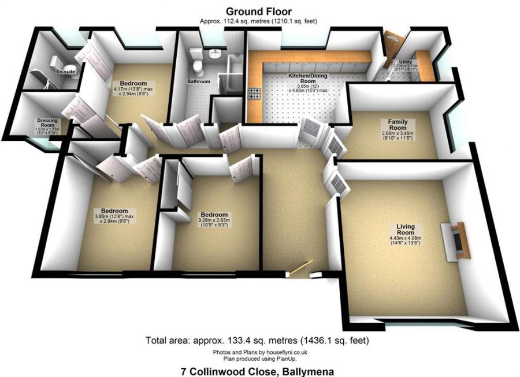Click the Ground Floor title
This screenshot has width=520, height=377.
click(x=259, y=11)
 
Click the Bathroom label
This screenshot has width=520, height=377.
click(x=198, y=82)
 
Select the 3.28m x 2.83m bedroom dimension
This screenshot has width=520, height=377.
click(x=210, y=222)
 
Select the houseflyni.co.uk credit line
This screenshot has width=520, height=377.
click(x=259, y=352)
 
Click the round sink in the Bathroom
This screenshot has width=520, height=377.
click(x=215, y=54)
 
